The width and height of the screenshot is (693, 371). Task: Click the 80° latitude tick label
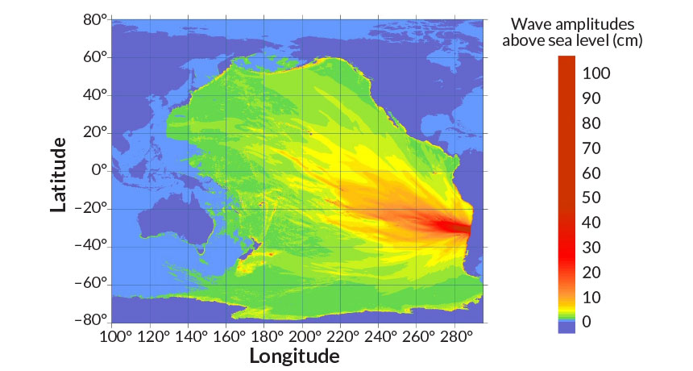pos(95,19)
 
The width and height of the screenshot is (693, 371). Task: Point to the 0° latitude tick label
pos(100,171)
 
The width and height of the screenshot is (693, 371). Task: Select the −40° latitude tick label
pos(93,246)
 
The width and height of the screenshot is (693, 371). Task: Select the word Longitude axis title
pos(294,356)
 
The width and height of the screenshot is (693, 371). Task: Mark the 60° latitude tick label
pos(95,57)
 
